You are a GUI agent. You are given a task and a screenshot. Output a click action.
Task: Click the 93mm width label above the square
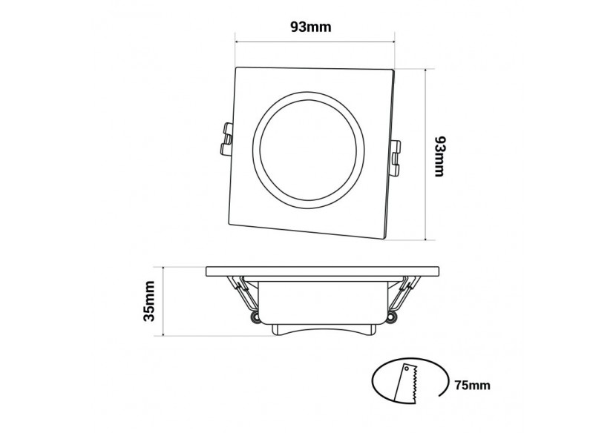coord(310,27)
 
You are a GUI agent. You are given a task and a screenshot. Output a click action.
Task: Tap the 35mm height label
coord(149,302)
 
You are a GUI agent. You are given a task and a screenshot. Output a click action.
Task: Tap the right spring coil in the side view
coord(391,319)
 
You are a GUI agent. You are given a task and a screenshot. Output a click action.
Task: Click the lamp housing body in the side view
coord(322,300)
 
